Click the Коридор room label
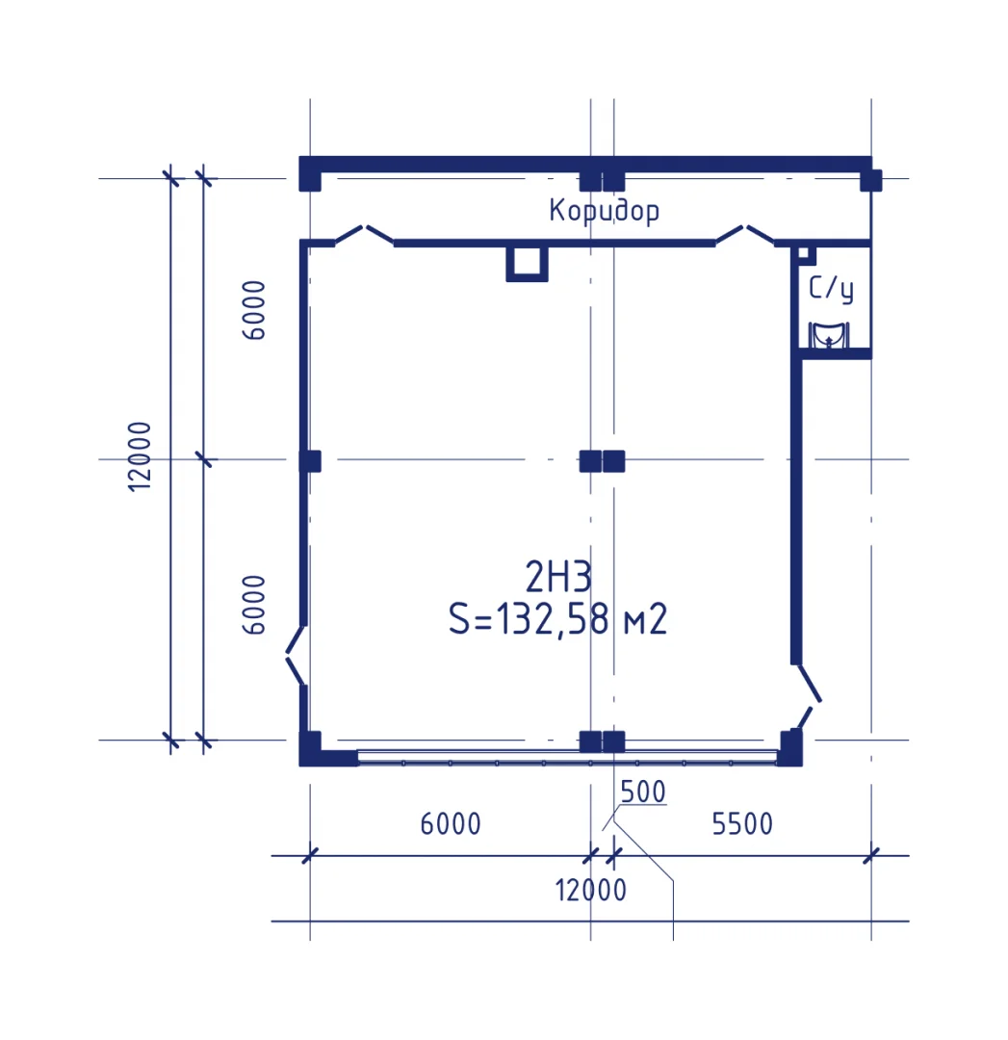point(605,211)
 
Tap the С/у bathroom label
point(831,289)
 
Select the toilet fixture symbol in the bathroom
point(828,335)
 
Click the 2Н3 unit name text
point(557,577)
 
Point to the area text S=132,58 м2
point(557,619)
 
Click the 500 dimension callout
point(642,792)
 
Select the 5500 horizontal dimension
point(742,823)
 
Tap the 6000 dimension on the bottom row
point(451,823)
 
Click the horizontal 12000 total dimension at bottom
point(590,890)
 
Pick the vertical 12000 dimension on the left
point(140,456)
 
